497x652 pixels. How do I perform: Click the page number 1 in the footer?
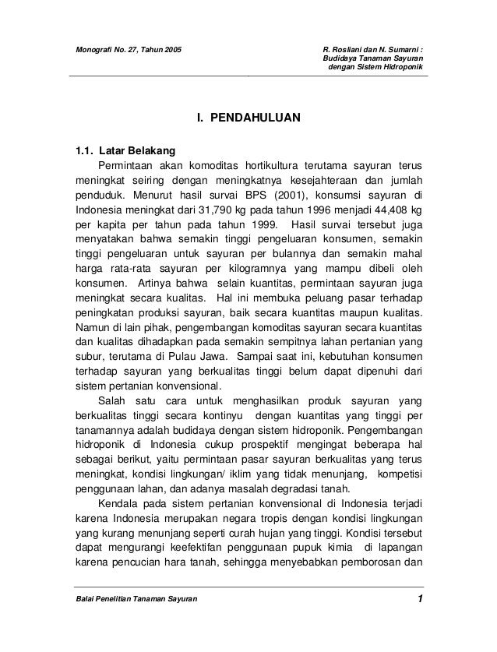pyautogui.click(x=419, y=599)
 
